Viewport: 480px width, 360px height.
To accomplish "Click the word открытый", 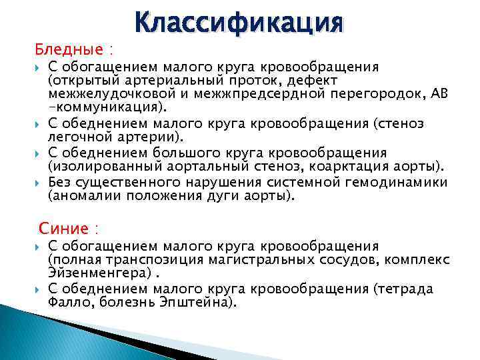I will click(81, 81).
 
